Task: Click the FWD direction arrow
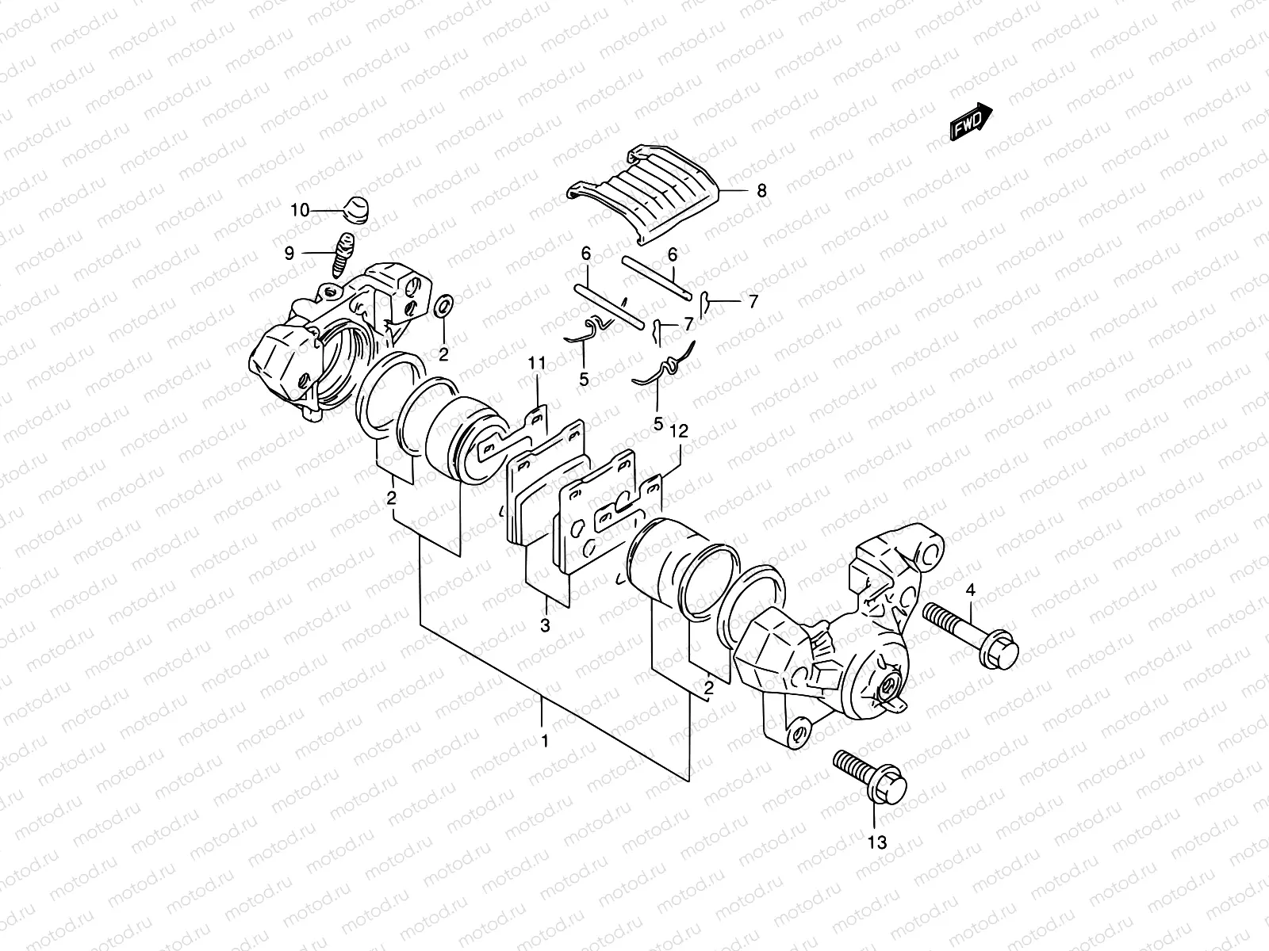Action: [x=971, y=120]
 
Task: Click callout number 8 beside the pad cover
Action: [x=761, y=190]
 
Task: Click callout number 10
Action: [x=299, y=210]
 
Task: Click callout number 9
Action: [x=289, y=254]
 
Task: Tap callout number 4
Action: [x=969, y=590]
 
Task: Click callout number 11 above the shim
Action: [x=537, y=363]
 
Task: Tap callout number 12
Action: [x=679, y=431]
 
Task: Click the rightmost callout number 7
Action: [x=753, y=301]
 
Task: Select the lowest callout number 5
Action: [x=658, y=424]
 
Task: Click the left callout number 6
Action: [x=585, y=254]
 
